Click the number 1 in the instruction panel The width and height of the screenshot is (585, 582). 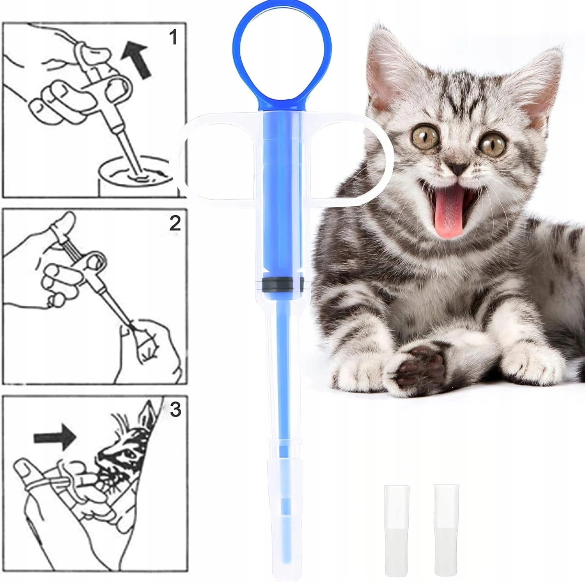coord(173,38)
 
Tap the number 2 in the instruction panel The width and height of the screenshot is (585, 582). coord(175,224)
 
